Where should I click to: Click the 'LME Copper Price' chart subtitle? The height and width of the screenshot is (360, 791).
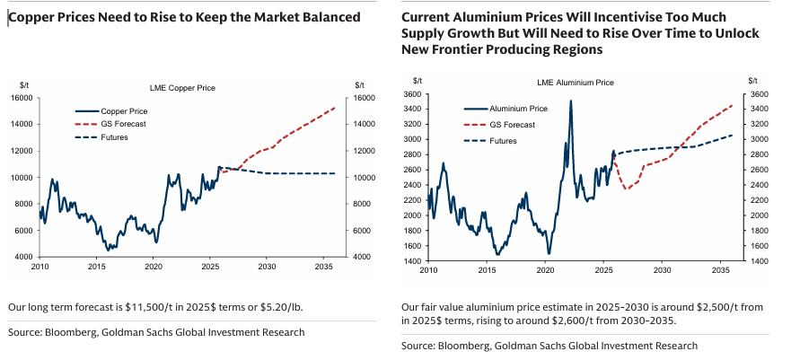pos(181,87)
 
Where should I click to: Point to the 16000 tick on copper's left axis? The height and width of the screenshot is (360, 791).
pos(22,98)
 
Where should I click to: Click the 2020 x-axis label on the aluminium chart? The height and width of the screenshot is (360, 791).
pos(545,270)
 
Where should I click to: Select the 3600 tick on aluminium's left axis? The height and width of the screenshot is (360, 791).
pos(410,94)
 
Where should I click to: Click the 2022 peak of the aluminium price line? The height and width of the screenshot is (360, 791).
pos(570,101)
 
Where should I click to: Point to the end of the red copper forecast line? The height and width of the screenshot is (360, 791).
pos(335,108)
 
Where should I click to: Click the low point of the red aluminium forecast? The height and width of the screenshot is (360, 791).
pos(627,189)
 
